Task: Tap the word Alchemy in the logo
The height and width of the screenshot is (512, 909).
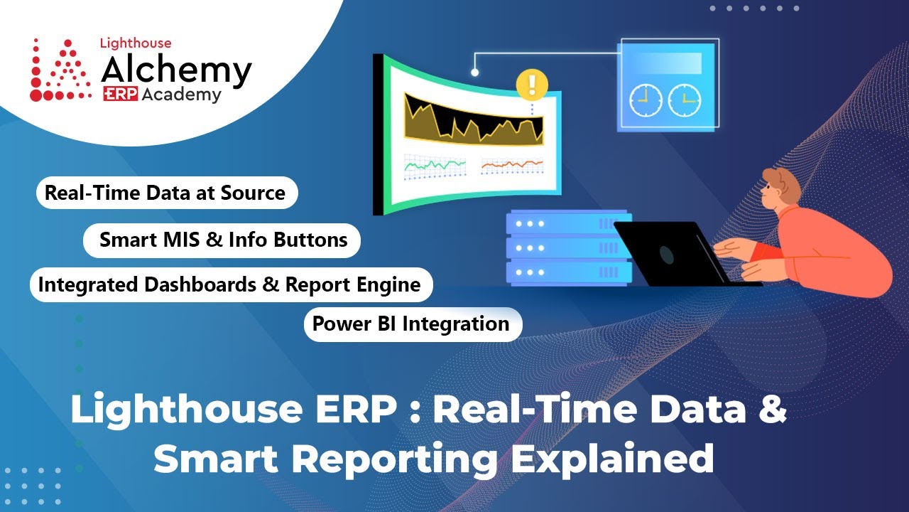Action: click(x=176, y=70)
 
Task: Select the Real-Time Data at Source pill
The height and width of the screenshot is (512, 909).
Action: click(x=165, y=193)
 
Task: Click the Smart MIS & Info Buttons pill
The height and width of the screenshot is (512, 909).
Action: click(x=223, y=240)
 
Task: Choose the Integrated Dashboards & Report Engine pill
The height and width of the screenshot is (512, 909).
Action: click(x=230, y=285)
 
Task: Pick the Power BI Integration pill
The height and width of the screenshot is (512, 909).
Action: click(x=411, y=324)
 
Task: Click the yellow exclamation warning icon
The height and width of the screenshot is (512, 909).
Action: click(x=531, y=84)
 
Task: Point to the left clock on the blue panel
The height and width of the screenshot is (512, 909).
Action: click(x=646, y=100)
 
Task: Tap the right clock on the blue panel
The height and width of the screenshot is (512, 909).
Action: click(x=684, y=100)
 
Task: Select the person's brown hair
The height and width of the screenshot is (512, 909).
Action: click(x=781, y=184)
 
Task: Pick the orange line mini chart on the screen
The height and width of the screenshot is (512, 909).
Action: click(x=511, y=165)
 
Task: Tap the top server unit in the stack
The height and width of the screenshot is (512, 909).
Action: click(x=568, y=223)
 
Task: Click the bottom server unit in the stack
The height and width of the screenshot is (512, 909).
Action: click(x=568, y=272)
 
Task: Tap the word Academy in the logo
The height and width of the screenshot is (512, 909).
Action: click(x=181, y=95)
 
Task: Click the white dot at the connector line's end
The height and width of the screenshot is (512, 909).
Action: click(x=474, y=72)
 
